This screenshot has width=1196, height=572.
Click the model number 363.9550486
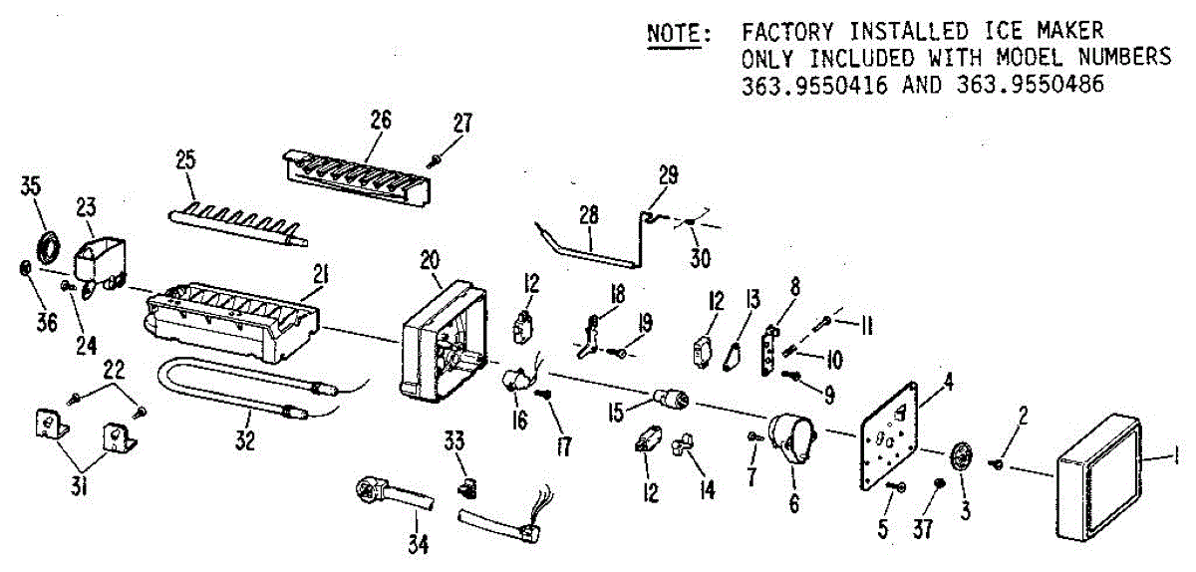1031,85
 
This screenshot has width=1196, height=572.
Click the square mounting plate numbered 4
894,434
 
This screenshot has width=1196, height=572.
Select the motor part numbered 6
792,437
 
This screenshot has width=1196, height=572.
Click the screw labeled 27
437,158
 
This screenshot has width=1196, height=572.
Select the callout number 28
589,215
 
